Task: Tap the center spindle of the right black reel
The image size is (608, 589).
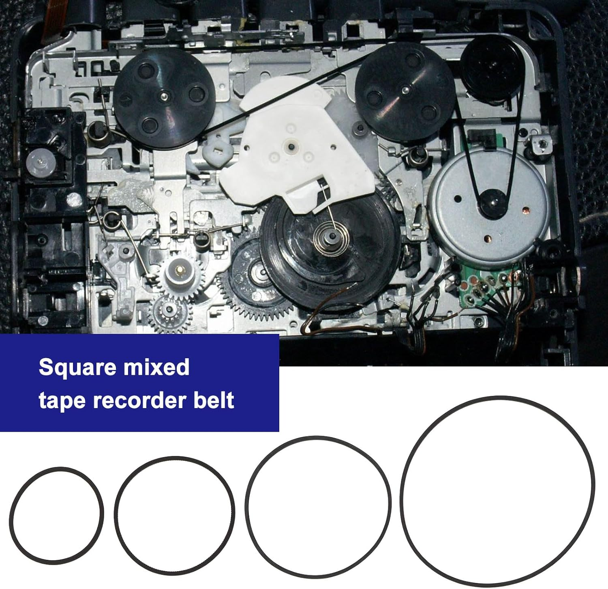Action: (405, 88)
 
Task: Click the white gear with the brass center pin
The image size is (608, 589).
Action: (179, 270)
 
